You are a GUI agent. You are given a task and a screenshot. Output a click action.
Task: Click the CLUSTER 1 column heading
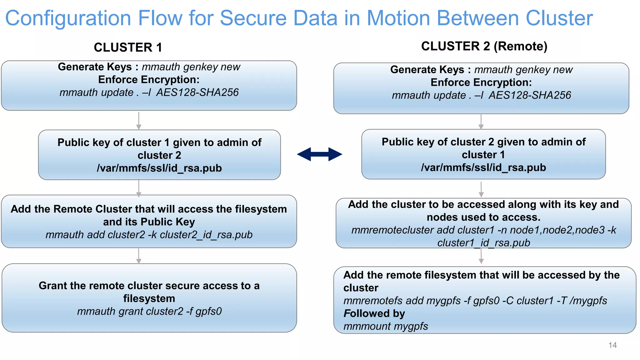128,47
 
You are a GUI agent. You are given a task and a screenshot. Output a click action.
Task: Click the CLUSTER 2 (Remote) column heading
484,46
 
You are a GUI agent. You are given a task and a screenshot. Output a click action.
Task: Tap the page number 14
612,345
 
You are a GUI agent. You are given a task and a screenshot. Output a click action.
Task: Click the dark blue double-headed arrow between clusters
319,154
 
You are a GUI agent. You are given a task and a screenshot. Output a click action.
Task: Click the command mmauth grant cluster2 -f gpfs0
149,311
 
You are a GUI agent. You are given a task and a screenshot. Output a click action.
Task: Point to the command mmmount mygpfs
386,326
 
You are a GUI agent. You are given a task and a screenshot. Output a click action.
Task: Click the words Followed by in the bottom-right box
374,313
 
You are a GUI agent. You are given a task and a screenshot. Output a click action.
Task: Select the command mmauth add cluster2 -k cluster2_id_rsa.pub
149,235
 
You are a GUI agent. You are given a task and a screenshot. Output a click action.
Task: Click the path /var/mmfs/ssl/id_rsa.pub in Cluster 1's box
159,168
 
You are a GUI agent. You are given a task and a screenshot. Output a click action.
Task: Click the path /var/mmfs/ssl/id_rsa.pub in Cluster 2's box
483,167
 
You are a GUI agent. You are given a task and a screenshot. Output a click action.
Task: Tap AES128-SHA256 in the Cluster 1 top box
197,92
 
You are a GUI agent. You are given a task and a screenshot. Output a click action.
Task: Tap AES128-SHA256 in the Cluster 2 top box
530,95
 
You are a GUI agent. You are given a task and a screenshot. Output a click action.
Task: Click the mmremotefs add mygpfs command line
475,301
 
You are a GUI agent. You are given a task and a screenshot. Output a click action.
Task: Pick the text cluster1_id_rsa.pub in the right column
483,243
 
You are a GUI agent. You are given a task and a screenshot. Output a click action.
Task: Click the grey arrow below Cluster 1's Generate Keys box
139,121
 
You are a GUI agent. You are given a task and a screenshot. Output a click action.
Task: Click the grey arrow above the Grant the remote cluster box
139,256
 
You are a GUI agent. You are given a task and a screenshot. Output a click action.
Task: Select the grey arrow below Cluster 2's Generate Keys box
481,122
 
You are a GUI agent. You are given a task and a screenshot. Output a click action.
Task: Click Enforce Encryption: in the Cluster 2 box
481,82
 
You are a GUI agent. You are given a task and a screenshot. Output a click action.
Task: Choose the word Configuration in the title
68,18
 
